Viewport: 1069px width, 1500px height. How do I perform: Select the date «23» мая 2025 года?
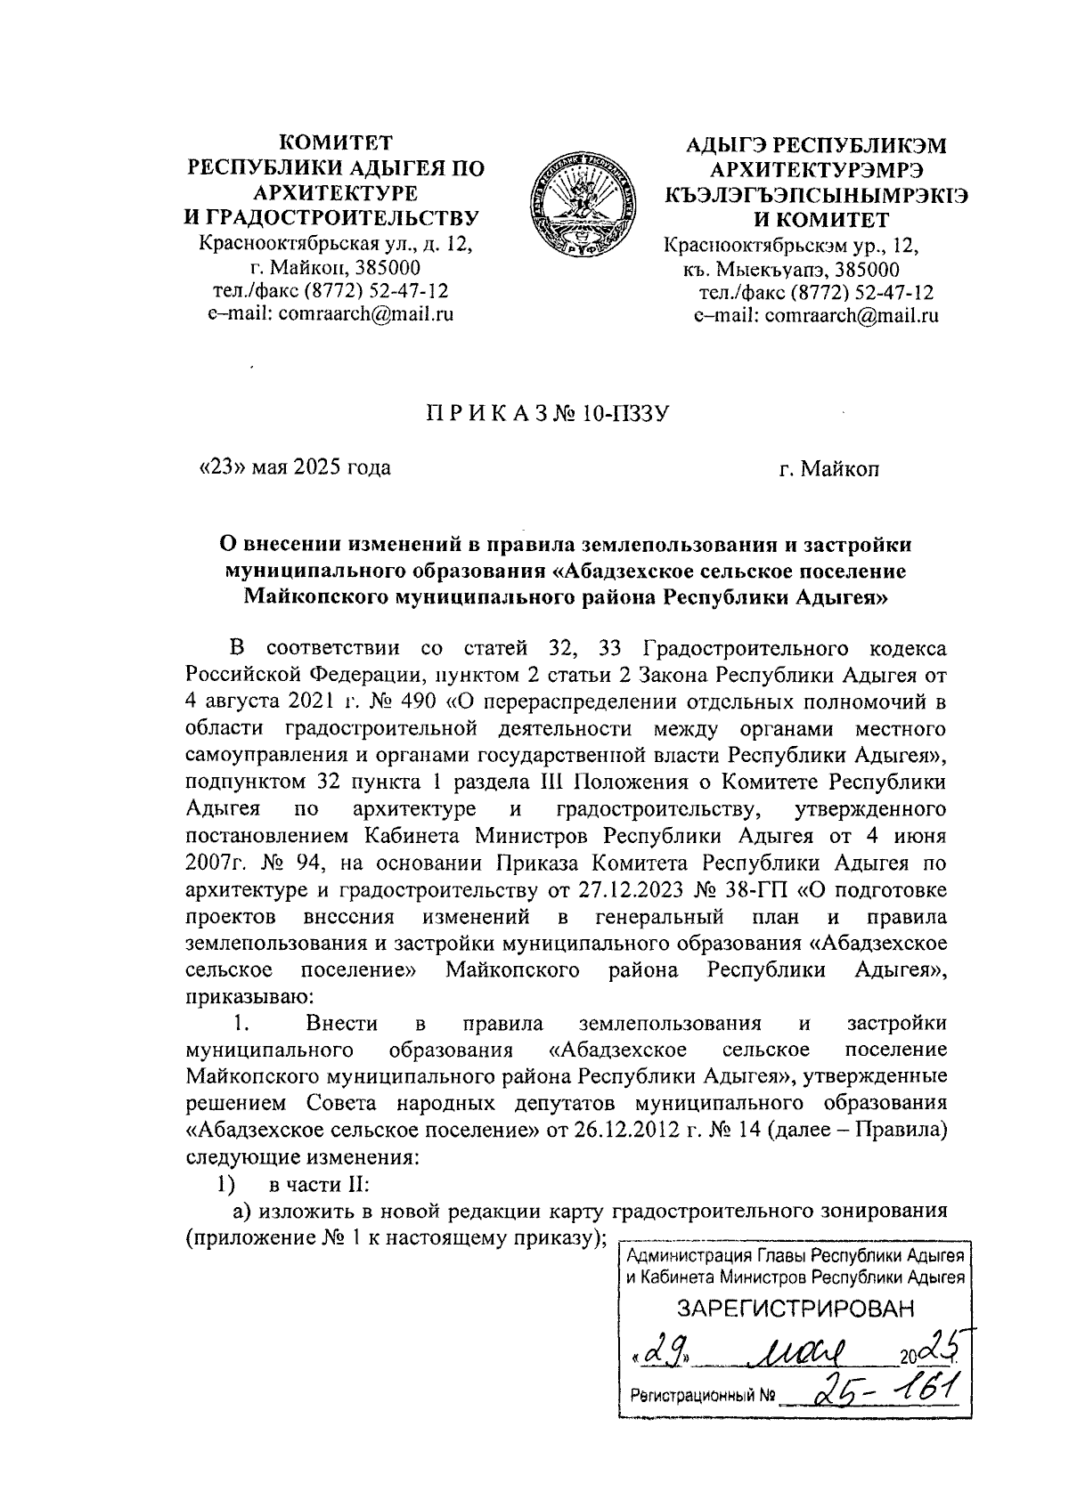click(x=294, y=467)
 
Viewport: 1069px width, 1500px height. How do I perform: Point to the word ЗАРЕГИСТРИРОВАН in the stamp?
click(x=796, y=1308)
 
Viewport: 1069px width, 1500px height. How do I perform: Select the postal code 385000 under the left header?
click(x=392, y=268)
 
